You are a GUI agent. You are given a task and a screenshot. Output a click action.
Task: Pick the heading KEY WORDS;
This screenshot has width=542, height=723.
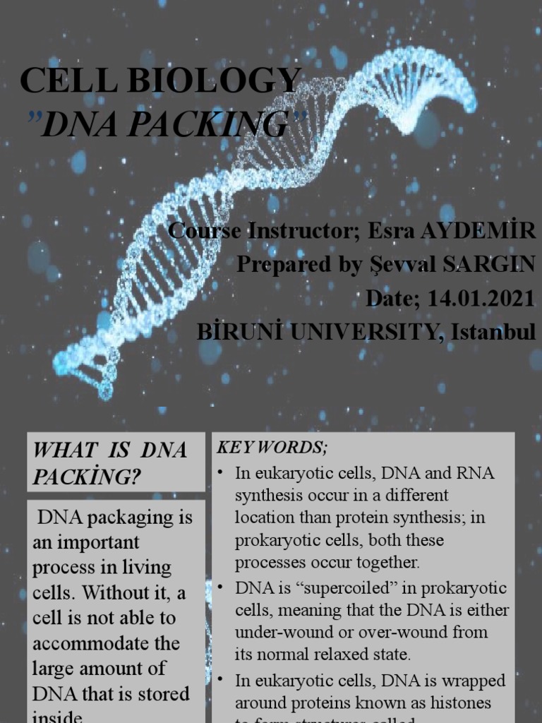coord(272,448)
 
